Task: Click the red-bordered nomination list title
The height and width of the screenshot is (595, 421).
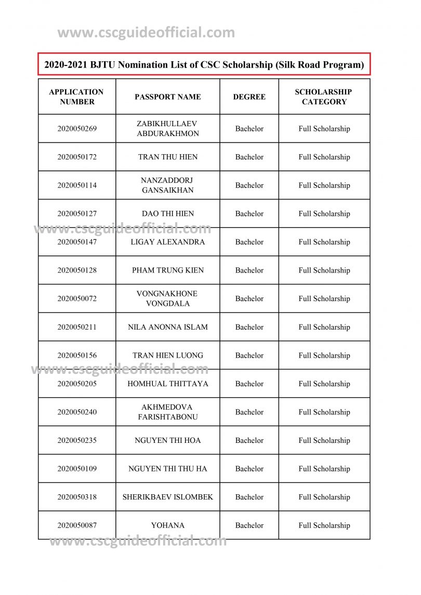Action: [204, 64]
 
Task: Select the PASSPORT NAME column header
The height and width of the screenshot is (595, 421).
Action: [167, 97]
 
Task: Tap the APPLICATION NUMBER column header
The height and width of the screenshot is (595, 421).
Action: [76, 97]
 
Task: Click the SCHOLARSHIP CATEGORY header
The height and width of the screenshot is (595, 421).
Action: [324, 97]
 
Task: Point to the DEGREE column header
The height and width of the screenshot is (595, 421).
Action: [249, 97]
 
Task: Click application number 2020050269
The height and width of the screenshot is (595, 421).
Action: [77, 129]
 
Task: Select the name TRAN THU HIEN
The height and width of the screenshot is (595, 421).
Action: [168, 157]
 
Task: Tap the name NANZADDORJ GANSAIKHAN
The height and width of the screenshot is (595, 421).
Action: [168, 185]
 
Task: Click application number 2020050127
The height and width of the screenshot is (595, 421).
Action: [77, 213]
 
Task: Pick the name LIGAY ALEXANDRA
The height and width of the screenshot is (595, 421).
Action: [168, 242]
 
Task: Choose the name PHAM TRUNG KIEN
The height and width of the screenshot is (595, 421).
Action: [168, 270]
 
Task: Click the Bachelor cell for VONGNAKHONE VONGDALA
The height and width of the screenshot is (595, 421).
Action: [249, 299]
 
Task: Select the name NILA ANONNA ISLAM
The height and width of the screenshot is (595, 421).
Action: [168, 327]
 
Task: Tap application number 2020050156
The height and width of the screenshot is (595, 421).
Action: [77, 356]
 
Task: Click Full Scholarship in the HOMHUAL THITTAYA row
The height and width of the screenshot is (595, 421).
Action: [324, 384]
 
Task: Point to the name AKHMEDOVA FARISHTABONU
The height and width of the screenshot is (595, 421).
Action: [168, 412]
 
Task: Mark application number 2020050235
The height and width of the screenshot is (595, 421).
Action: [77, 440]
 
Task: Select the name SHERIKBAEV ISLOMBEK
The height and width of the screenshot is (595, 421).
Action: [168, 497]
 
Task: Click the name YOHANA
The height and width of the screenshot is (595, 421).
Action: [168, 525]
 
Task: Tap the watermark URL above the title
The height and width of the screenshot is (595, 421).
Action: [146, 33]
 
